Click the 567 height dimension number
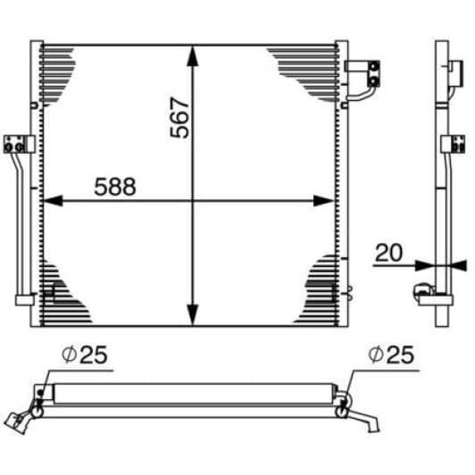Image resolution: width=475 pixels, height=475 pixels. coord(179,117)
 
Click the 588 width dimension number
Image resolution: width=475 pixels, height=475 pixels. coord(115,187)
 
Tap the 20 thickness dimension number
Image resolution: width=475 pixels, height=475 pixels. coord(388,253)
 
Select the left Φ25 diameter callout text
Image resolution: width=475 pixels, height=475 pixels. coord(85,354)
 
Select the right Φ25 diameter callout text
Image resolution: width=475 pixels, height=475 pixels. coord(391,354)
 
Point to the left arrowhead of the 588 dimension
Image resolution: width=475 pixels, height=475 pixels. coord(54,201)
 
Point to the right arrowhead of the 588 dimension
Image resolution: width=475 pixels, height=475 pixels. coord(323,201)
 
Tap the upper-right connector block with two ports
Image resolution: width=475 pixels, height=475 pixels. coord(373,73)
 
